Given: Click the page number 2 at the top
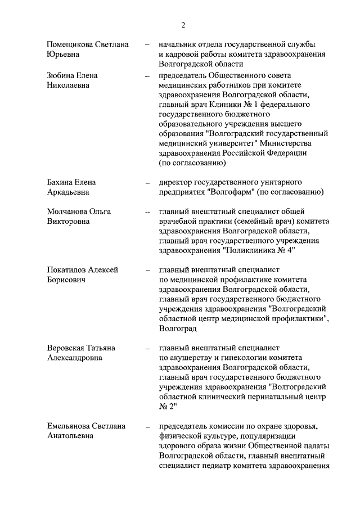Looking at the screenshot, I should pos(183,25).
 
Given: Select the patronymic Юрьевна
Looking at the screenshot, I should pos(62,55).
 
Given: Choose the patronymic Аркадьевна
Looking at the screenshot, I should pos(68,192).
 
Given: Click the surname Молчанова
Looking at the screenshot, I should pos(69,211).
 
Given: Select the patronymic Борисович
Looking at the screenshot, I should pos(66,280).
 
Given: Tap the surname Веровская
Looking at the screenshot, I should pos(69,348).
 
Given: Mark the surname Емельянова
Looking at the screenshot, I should pos(71,426).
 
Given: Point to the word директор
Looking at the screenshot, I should pos(175,182).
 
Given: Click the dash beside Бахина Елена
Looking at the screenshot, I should pos(147,183).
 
